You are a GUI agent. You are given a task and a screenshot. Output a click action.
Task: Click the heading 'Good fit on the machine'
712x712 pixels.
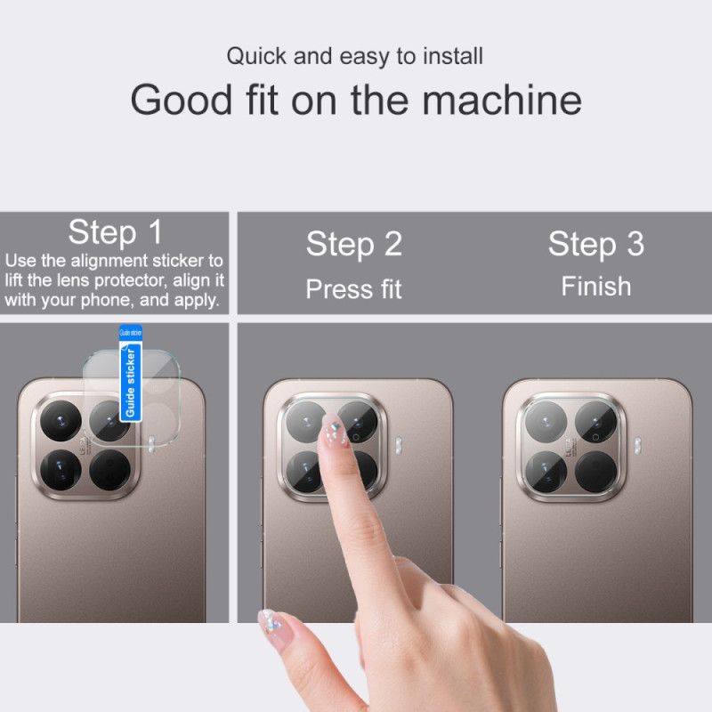(x=356, y=100)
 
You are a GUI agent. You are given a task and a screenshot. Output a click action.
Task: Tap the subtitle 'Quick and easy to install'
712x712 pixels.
(x=354, y=56)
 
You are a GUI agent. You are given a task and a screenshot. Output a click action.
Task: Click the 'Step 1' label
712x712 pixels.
(x=115, y=232)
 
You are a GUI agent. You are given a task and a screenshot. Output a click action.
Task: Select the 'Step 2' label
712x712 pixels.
(x=353, y=244)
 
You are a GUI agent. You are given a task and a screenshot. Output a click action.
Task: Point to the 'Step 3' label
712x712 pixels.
(x=595, y=244)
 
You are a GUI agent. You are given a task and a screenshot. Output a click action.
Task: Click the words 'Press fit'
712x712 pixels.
(x=353, y=289)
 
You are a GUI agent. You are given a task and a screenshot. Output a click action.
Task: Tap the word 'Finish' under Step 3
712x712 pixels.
(x=595, y=287)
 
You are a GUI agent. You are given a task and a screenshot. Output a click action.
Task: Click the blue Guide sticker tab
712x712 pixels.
(x=130, y=374)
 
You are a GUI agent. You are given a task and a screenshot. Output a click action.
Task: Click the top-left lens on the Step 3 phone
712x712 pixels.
(x=544, y=421)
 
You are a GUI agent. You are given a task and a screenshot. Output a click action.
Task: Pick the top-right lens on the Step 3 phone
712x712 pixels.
(x=594, y=421)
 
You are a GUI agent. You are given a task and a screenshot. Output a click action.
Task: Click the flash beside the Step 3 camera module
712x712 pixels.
(x=639, y=442)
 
